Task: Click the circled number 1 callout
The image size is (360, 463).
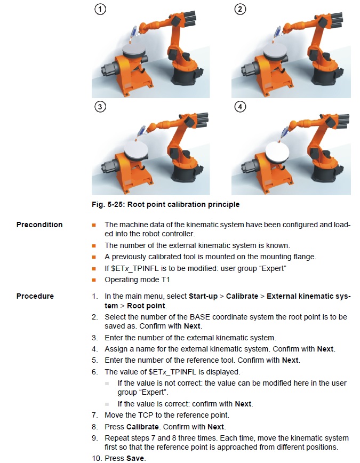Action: pyautogui.click(x=100, y=9)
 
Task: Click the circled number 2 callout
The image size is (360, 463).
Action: pyautogui.click(x=240, y=9)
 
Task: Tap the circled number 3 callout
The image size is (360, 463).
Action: pyautogui.click(x=100, y=107)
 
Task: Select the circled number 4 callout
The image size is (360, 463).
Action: pyautogui.click(x=240, y=107)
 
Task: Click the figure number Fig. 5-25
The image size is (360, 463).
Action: pyautogui.click(x=108, y=204)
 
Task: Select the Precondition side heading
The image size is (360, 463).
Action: pyautogui.click(x=39, y=225)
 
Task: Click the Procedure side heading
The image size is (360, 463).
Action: pyautogui.click(x=35, y=296)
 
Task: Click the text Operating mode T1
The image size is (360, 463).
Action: pyautogui.click(x=137, y=280)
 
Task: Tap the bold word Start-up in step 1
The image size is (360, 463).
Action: pyautogui.click(x=203, y=296)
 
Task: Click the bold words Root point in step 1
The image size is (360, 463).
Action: pyautogui.click(x=146, y=306)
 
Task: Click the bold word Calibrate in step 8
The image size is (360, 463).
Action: pyautogui.click(x=142, y=427)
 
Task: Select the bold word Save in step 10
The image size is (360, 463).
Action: pyautogui.click(x=135, y=458)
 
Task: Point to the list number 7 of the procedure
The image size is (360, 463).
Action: pyautogui.click(x=94, y=415)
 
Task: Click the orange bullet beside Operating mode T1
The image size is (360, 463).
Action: pyautogui.click(x=94, y=280)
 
